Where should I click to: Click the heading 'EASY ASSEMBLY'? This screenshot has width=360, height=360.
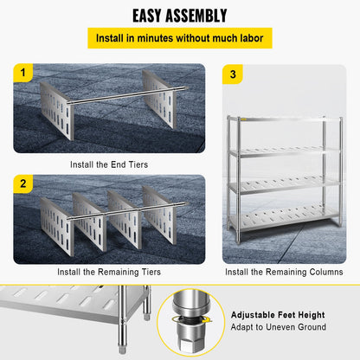pos(179,16)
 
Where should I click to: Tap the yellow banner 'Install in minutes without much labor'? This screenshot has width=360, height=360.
pos(180,39)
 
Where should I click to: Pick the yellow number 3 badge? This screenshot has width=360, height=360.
pos(233,74)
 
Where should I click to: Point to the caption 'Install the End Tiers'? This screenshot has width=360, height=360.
pos(108,163)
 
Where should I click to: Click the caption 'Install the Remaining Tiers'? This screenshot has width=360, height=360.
pos(108,272)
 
